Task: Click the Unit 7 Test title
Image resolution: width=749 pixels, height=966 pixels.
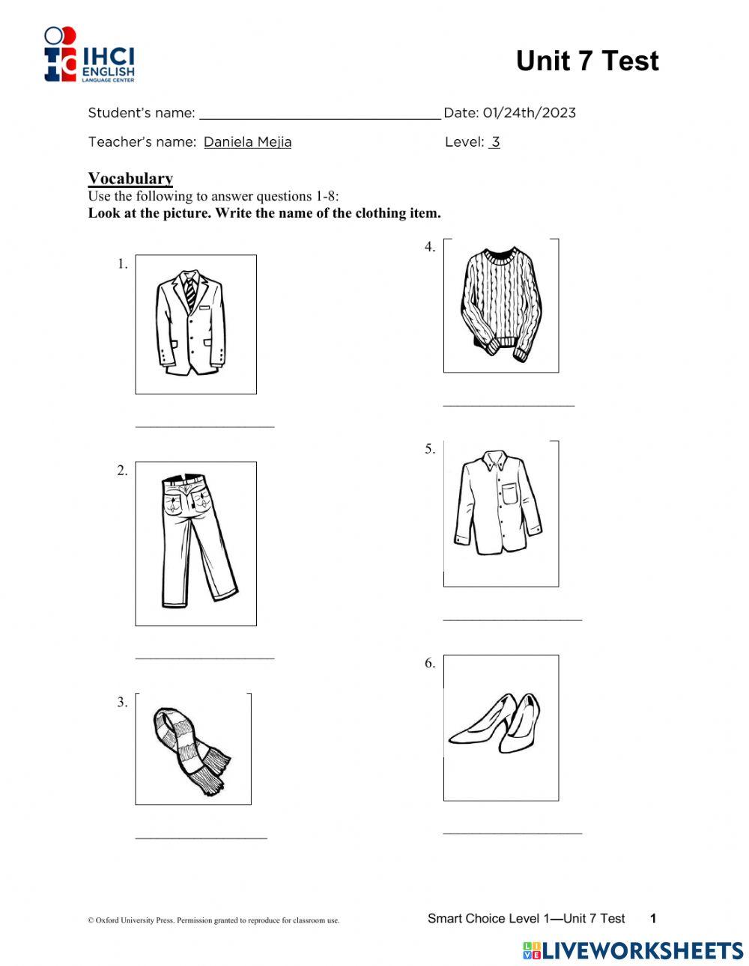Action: (586, 61)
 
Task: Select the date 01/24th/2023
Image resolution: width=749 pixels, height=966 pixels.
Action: (529, 113)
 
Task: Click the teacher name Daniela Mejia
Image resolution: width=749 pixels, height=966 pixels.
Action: (247, 142)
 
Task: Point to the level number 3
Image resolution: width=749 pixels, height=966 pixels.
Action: (494, 142)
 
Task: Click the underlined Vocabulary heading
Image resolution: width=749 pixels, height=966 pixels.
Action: (130, 178)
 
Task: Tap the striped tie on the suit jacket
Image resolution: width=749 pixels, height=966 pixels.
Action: (190, 293)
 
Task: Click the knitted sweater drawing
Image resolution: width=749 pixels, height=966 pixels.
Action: (500, 302)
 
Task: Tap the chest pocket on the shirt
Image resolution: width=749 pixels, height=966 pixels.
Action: (510, 495)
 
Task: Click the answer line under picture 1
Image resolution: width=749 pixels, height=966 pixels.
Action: (204, 426)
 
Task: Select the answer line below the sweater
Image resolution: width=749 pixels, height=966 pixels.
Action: (509, 405)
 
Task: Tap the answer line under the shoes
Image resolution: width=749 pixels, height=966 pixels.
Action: (512, 832)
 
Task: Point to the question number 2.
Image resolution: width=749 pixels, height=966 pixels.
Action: (122, 471)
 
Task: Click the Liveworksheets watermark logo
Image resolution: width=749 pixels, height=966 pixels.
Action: (632, 950)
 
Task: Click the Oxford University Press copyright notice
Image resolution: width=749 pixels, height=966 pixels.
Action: (213, 920)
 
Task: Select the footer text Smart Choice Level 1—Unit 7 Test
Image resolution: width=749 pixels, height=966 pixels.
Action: (526, 918)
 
